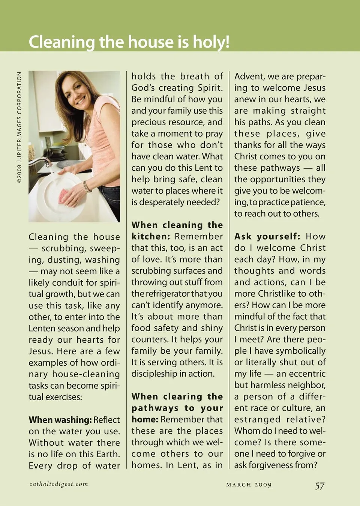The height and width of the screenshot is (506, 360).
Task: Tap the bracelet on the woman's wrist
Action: [87, 186]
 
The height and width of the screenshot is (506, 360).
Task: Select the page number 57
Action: [319, 486]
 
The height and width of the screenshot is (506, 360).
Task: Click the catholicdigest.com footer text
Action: [59, 484]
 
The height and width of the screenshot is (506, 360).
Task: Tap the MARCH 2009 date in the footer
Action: [249, 485]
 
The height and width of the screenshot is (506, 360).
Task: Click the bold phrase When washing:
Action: [60, 420]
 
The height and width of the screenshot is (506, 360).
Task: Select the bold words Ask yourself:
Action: [267, 236]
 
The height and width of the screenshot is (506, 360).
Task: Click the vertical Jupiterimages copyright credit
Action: [19, 128]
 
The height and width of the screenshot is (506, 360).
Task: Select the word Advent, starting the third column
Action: [249, 77]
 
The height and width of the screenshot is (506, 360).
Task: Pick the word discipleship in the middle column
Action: [154, 374]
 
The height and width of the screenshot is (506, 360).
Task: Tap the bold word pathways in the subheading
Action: [155, 408]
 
